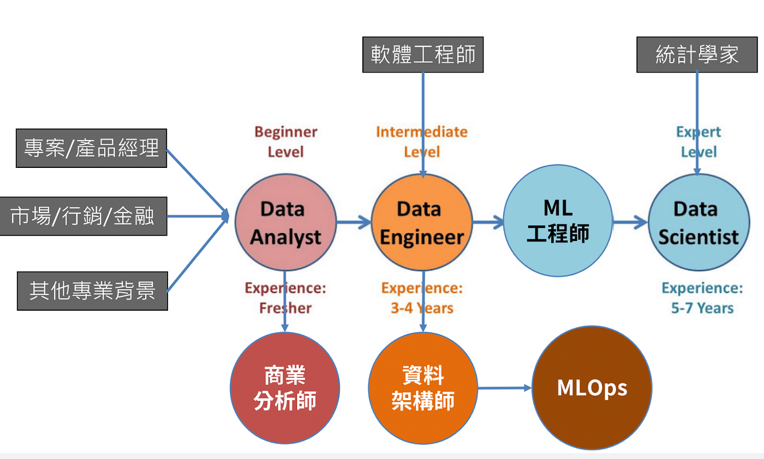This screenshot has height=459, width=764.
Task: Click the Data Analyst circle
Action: point(285,222)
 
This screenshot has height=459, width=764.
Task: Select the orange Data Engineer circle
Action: point(422,222)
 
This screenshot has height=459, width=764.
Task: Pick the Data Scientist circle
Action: point(698,222)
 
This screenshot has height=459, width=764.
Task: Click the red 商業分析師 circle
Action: point(284,388)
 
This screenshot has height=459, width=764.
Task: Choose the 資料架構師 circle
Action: point(423,388)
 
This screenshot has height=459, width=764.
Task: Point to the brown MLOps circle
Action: point(592,388)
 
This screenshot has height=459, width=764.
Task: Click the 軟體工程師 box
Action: point(423,55)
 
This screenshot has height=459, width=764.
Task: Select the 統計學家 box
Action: point(697,55)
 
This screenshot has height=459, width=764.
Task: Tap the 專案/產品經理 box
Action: point(92,148)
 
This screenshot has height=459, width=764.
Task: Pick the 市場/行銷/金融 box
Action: point(83,217)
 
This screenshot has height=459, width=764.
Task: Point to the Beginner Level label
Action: point(285,141)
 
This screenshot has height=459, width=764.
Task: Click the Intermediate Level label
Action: point(422,141)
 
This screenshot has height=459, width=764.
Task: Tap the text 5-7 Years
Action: point(702,308)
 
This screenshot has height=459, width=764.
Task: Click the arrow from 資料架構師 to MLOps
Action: point(504,388)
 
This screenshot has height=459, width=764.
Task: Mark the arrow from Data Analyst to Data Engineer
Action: point(354,222)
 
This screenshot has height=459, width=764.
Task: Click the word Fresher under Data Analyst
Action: point(285,308)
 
